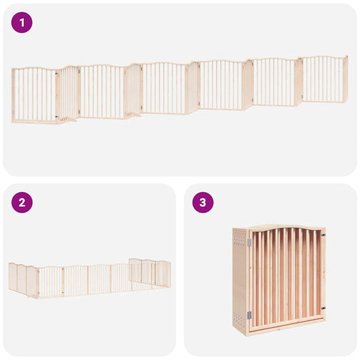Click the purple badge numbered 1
click(x=22, y=22)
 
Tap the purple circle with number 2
click(x=22, y=202)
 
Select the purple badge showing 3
click(x=202, y=202)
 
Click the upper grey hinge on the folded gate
click(x=249, y=242)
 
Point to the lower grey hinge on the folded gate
click(x=249, y=315)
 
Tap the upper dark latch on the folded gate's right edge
click(x=323, y=235)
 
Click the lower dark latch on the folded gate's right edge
click(x=323, y=308)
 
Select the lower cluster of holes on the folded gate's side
click(x=239, y=318)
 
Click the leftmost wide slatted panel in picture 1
click(x=34, y=95)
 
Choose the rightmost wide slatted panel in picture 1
click(x=323, y=79)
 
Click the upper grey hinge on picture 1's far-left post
click(x=13, y=75)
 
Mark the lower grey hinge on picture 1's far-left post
click(x=13, y=112)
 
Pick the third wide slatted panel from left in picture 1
click(x=164, y=88)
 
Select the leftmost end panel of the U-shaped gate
click(x=13, y=277)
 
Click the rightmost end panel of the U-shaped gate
click(x=163, y=274)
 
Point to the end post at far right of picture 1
click(x=346, y=78)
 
